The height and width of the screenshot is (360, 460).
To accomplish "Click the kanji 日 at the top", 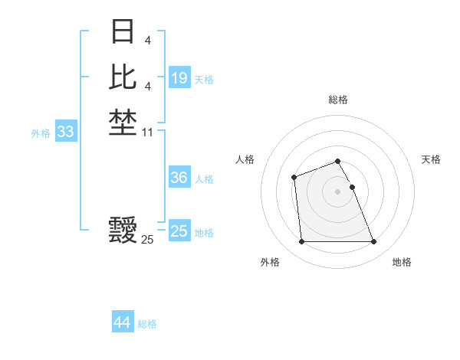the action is tap(123, 32).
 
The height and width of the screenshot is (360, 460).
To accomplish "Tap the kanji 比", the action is tap(123, 77).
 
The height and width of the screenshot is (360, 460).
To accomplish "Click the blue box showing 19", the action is tap(179, 77).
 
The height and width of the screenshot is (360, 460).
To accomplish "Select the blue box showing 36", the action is tap(179, 177).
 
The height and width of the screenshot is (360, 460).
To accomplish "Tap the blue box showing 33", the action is tap(66, 132).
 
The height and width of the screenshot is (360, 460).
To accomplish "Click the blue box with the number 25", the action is tap(179, 231).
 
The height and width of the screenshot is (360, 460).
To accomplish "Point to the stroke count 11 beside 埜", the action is tap(148, 133).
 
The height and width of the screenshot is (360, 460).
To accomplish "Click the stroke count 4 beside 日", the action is tap(148, 40).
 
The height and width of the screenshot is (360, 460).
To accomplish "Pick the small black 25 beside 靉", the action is tap(147, 240).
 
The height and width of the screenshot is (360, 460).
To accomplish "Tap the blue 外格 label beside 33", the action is tap(41, 133).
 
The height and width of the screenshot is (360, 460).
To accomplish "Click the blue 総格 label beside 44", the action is tap(147, 324).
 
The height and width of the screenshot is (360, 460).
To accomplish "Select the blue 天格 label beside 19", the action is tap(204, 79).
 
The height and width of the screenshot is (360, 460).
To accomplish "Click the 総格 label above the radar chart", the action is tap(337, 100).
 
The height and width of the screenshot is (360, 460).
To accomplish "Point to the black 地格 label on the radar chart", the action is tap(402, 262).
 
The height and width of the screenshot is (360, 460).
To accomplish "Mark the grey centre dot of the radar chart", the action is tap(337, 191).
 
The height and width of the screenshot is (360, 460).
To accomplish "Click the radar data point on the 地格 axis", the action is tap(374, 242).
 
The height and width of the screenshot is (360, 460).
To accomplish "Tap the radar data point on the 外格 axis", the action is tap(301, 242).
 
